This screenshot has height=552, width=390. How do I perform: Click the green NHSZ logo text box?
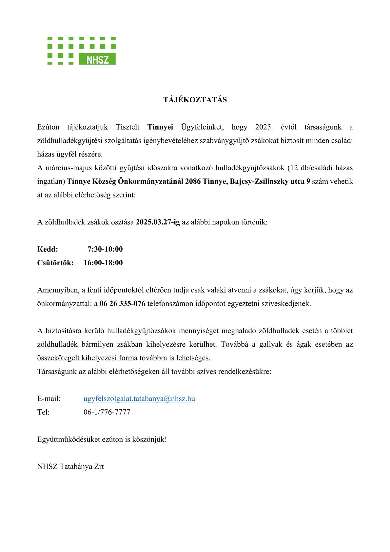tap(97, 59)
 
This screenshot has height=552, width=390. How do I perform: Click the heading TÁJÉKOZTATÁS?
tap(195, 100)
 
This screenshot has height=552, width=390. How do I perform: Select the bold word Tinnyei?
tap(160, 127)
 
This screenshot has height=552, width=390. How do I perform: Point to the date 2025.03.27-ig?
tap(158, 222)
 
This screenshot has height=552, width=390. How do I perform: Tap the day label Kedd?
tap(48, 249)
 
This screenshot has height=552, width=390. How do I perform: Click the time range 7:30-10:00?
tap(105, 249)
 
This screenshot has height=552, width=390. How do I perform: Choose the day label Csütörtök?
tap(55, 263)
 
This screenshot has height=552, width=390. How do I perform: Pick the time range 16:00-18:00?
tap(103, 263)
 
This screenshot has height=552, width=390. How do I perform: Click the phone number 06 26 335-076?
tap(122, 303)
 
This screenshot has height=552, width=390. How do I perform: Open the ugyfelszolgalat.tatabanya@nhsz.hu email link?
tap(139, 399)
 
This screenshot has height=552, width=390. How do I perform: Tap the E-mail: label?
tap(49, 399)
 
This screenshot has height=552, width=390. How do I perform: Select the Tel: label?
tap(43, 412)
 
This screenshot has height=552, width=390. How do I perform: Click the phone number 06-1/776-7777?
tap(107, 412)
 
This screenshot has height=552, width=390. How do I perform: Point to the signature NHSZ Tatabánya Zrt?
tap(70, 466)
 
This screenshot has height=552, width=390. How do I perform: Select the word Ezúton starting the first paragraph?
tap(48, 127)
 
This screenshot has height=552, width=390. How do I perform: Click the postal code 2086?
tap(193, 181)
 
